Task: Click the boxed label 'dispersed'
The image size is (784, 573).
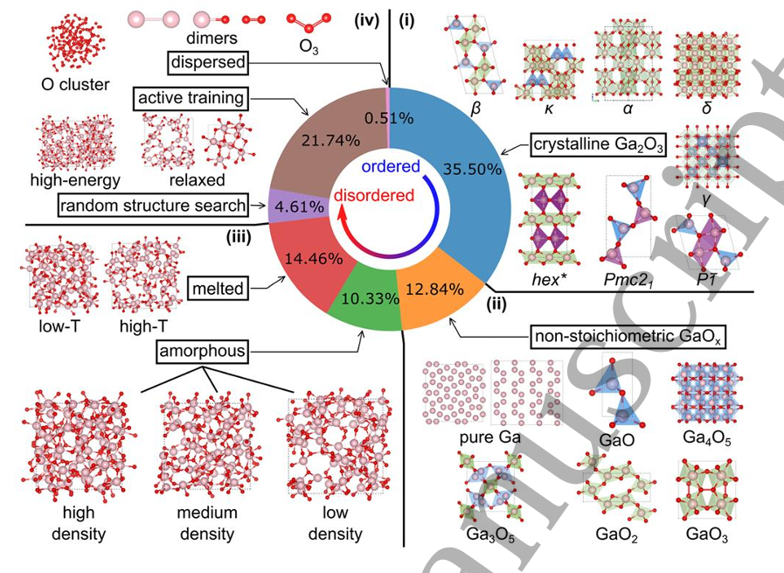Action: tap(208, 63)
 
